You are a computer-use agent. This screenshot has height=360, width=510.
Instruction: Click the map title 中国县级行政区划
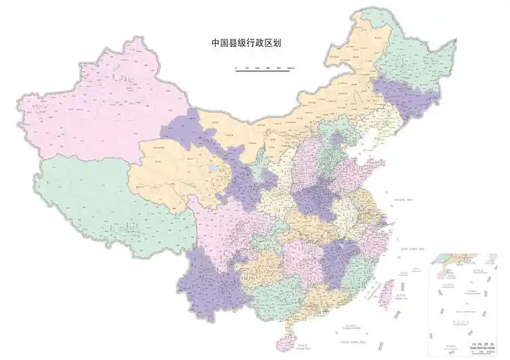(245, 43)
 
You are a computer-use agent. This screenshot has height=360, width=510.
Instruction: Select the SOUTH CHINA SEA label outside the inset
(354, 332)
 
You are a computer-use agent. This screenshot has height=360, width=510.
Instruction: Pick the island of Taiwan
(383, 289)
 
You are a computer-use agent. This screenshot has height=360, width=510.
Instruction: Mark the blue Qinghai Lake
(212, 171)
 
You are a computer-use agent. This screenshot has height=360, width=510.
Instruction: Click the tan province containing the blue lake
(180, 173)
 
